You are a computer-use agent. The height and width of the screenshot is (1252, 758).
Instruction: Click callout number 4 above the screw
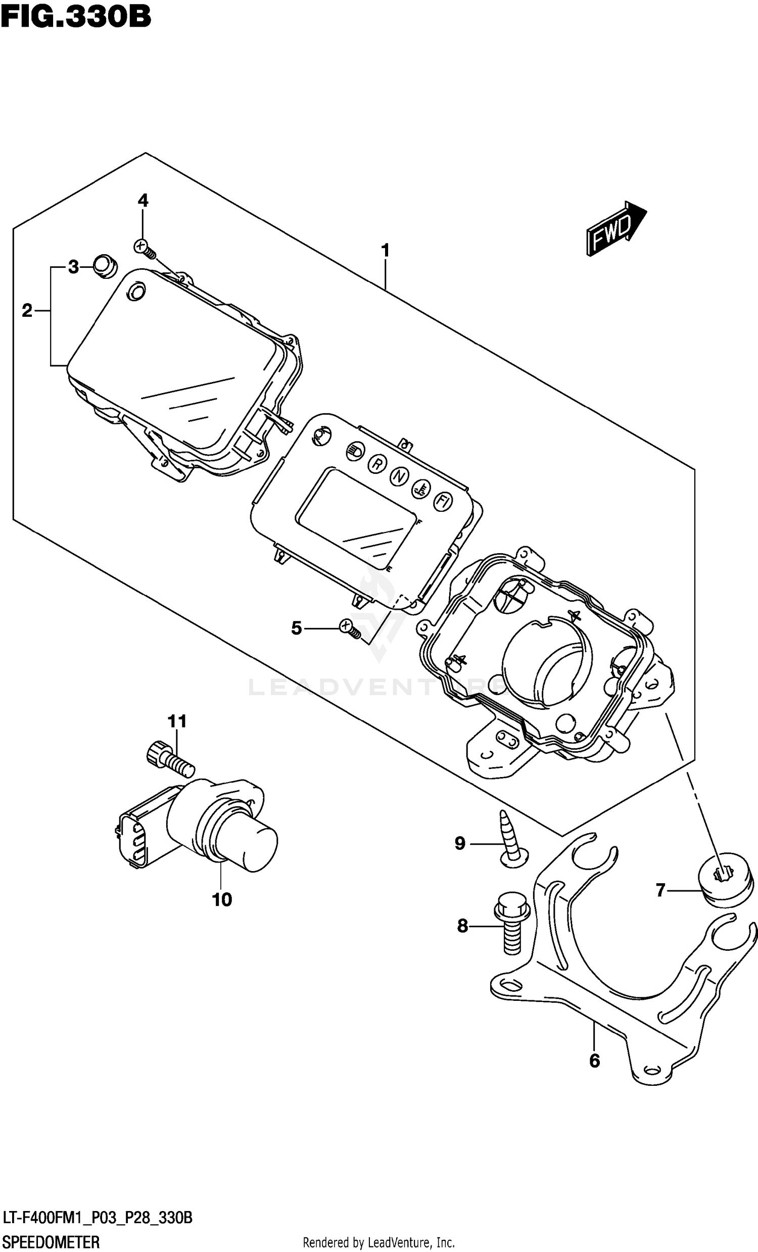144,201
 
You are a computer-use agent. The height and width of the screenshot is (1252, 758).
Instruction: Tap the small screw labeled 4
145,248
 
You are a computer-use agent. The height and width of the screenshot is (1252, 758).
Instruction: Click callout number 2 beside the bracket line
27,310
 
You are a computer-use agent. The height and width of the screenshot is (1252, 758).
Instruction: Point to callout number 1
385,251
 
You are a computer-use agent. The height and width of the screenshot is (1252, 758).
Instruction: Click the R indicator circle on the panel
377,463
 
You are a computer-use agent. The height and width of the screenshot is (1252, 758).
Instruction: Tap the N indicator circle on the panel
399,476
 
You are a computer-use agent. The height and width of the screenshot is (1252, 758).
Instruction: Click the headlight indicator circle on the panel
354,450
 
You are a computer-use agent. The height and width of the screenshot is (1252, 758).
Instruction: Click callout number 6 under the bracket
594,1061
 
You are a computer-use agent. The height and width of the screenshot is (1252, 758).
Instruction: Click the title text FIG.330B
76,16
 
